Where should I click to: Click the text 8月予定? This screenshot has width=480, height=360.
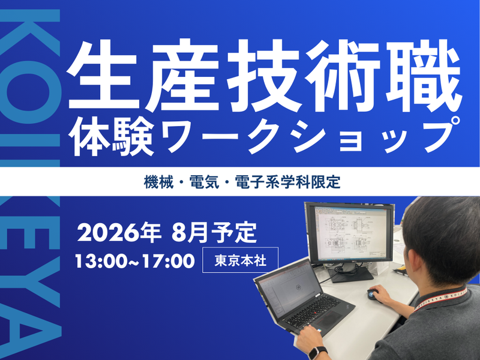point(214,232)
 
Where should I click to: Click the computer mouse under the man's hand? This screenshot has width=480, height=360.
point(373,294)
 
